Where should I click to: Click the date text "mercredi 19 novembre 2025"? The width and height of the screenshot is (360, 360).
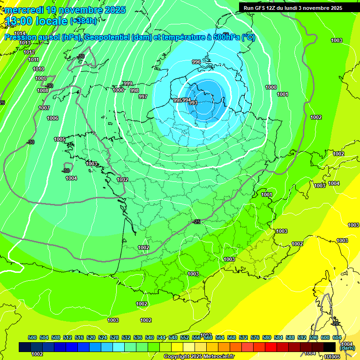pos(66,10)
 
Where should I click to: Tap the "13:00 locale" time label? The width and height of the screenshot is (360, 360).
pos(36,21)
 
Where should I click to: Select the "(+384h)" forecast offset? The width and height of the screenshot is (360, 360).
pos(83,21)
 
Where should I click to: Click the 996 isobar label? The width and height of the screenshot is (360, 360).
pos(196,62)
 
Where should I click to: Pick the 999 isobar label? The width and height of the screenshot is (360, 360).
pos(128,83)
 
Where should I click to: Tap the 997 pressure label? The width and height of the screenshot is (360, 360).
pos(143,97)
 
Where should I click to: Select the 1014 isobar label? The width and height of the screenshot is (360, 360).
pos(20,33)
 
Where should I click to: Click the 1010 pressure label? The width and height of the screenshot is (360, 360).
pos(38,69)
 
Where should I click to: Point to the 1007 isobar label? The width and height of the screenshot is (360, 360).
pos(44,108)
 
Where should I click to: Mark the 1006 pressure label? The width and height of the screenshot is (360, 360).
pos(52,119)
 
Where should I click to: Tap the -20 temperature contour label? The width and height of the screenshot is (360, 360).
pos(335,323)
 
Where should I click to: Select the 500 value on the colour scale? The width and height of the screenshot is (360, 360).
pos(32,337)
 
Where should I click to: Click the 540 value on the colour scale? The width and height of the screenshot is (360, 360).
pos(150,337)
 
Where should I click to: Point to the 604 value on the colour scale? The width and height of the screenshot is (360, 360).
pos(337,337)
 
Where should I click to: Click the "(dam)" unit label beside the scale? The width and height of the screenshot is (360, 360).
pos(347,348)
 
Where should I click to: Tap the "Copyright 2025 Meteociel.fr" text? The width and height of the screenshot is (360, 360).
pos(199,357)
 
